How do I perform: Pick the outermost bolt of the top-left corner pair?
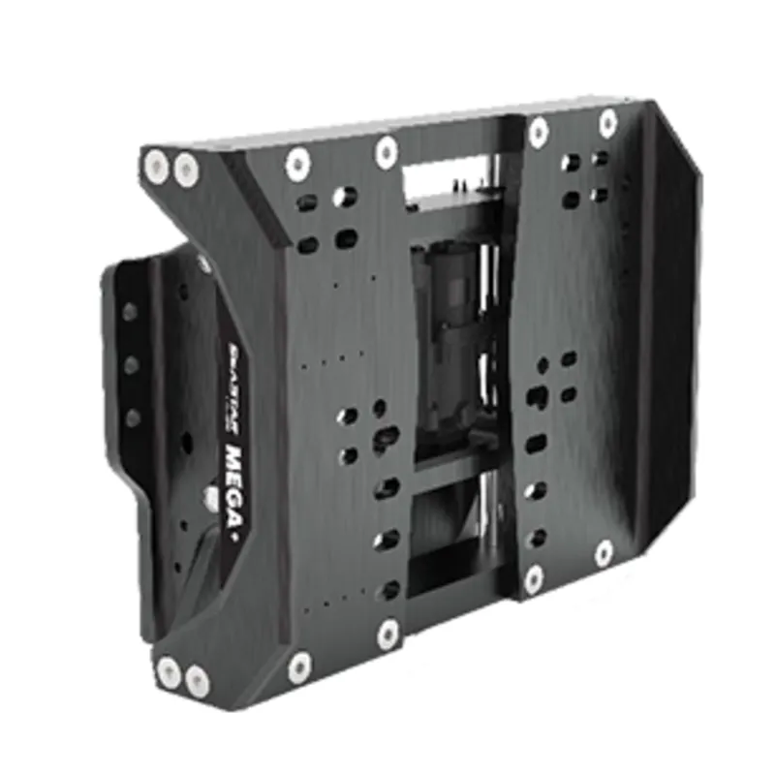click(156, 168)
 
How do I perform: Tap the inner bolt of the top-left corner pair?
click(185, 171)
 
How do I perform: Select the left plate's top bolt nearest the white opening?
click(387, 150)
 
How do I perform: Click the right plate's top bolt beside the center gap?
click(539, 131)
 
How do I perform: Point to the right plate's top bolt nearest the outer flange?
click(607, 123)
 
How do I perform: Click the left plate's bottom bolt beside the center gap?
click(387, 634)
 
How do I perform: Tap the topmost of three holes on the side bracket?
click(129, 312)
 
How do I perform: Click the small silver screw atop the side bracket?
click(203, 263)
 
